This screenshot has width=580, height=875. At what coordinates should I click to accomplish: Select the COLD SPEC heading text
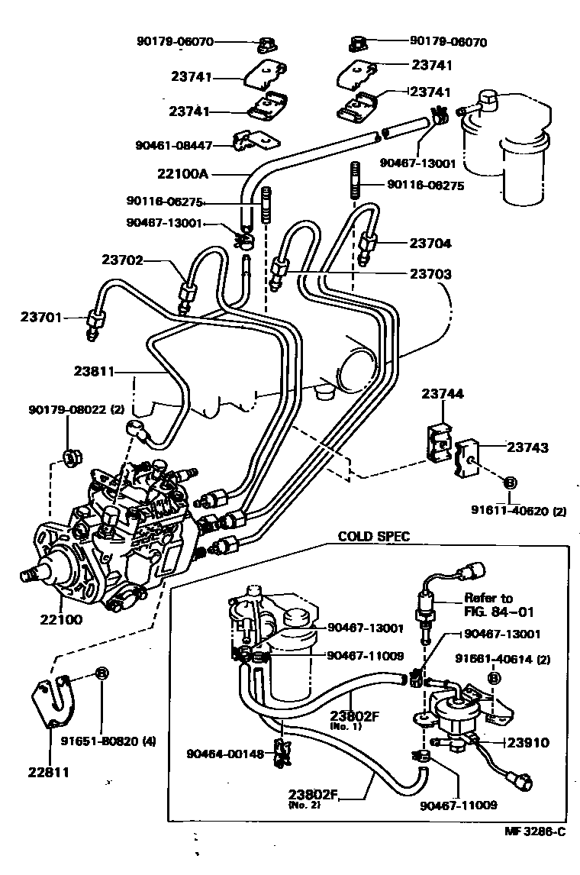374,537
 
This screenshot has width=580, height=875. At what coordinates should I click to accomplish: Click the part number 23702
123,260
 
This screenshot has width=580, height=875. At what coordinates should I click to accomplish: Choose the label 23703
430,274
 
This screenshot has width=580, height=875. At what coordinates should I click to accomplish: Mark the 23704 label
430,244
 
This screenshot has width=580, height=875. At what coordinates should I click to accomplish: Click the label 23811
95,372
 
